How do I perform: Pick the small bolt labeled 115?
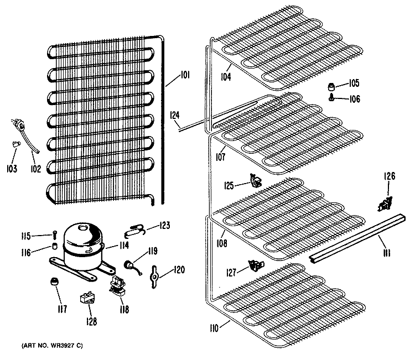(x=55, y=234)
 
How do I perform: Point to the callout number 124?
(x=175, y=116)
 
